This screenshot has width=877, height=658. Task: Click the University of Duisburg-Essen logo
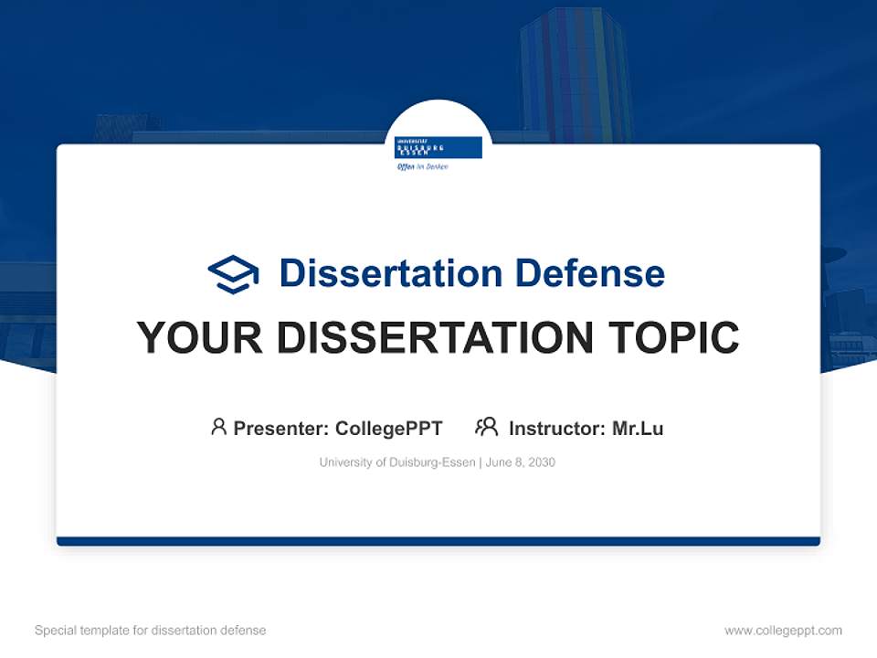pos(438,147)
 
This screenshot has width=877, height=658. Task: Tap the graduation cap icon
pos(233,274)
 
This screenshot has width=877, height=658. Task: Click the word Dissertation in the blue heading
pos(390,273)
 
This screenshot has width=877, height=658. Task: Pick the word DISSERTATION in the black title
pos(432,338)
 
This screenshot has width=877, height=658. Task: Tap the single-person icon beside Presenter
pos(218,427)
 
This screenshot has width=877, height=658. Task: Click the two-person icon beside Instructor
pos(486,427)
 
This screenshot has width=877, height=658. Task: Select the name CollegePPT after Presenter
pos(388,429)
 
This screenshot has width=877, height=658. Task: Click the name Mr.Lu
pos(638,429)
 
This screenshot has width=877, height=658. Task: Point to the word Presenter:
pos(281,429)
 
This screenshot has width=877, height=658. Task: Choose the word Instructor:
pos(557,429)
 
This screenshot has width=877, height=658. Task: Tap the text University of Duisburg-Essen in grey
pos(396,462)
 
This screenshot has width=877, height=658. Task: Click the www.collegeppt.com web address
pos(783,631)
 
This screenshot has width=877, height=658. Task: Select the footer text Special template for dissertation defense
pos(150,631)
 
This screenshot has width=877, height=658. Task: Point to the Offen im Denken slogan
pos(422,166)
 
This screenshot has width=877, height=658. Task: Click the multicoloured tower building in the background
pos(576,73)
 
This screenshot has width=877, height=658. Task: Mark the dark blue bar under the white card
pos(438,541)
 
